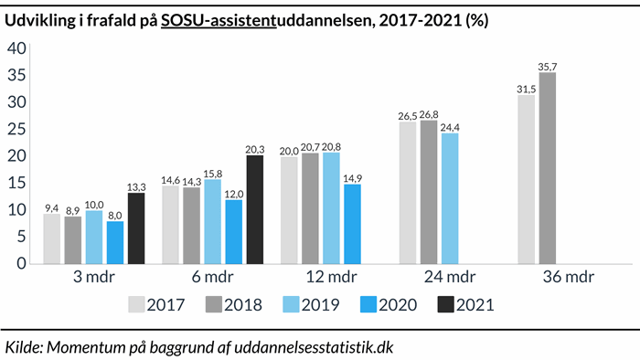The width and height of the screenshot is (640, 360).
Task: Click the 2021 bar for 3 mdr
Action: (136, 228)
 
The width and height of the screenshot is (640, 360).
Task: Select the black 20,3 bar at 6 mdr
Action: (255, 209)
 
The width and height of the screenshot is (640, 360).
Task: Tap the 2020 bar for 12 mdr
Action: (353, 224)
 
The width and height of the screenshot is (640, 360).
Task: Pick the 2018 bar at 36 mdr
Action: (548, 168)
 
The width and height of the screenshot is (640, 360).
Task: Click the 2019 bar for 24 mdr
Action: (450, 198)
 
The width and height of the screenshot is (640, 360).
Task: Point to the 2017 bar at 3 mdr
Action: (52, 238)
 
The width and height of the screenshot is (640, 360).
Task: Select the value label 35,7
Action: (549, 66)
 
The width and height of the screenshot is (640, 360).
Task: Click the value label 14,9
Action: (353, 177)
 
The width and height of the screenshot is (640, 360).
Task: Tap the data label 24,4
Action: (450, 127)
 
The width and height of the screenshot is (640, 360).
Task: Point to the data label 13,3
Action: (136, 186)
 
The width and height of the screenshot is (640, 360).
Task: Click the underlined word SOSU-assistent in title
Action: (218, 20)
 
